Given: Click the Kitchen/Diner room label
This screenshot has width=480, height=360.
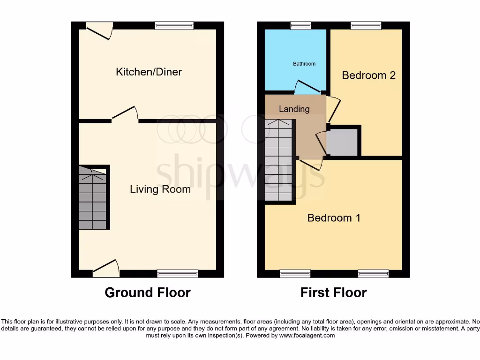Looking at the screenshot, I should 149,72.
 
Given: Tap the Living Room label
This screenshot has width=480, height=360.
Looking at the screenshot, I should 160,189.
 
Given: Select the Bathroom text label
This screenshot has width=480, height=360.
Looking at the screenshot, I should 304,64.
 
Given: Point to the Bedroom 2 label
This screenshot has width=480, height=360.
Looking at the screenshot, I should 368,75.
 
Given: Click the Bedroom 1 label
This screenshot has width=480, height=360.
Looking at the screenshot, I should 334,218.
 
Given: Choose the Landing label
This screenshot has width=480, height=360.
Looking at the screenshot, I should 294,109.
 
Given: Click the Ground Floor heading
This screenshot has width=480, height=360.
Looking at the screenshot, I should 147,293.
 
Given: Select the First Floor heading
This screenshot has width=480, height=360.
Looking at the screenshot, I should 333,293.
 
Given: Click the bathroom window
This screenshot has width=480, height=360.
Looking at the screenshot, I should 300,26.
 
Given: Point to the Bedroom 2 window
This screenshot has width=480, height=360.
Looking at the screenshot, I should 366,26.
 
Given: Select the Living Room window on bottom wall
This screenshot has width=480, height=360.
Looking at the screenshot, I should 177,273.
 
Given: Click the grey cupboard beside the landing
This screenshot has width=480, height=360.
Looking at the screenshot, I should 343,142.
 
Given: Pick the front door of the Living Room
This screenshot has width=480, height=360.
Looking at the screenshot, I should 106,267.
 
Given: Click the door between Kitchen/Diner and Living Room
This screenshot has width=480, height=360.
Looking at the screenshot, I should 125,115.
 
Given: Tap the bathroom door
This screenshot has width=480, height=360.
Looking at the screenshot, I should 307,87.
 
